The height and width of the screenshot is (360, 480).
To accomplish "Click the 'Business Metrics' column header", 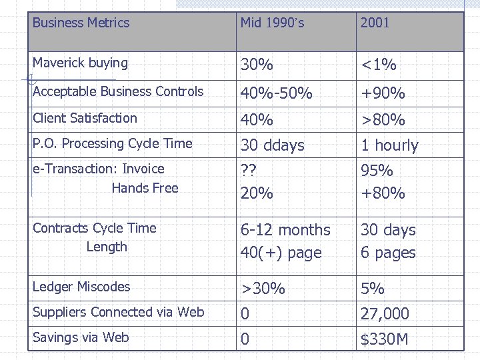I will (81, 23).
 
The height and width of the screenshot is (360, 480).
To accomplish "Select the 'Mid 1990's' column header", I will (272, 23).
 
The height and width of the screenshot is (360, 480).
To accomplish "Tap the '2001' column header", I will (375, 23).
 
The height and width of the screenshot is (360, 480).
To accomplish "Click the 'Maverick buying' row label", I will (80, 63).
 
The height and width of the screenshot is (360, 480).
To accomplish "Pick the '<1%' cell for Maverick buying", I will (379, 65).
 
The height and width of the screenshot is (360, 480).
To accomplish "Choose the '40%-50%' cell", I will (276, 93).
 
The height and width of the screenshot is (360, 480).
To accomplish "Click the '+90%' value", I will (383, 93).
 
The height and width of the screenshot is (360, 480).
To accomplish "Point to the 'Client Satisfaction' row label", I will (85, 118).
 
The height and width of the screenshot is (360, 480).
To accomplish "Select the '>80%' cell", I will (383, 120).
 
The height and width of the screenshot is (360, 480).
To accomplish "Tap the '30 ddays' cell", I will (272, 145).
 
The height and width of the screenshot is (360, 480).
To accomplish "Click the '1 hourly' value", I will (389, 145).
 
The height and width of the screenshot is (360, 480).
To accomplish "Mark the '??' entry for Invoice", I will (249, 170).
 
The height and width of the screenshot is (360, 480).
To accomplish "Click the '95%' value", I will (377, 170).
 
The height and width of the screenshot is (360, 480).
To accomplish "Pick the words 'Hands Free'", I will (145, 188).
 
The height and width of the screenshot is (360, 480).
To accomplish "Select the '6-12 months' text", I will (285, 230).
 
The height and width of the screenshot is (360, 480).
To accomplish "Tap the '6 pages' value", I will (388, 253).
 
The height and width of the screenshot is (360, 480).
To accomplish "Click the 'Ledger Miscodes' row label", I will (81, 287).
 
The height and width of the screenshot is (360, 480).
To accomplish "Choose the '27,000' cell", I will (385, 313).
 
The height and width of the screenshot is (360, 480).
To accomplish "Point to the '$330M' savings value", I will (384, 339).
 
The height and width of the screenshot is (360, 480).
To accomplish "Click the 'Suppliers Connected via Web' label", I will (118, 312).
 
